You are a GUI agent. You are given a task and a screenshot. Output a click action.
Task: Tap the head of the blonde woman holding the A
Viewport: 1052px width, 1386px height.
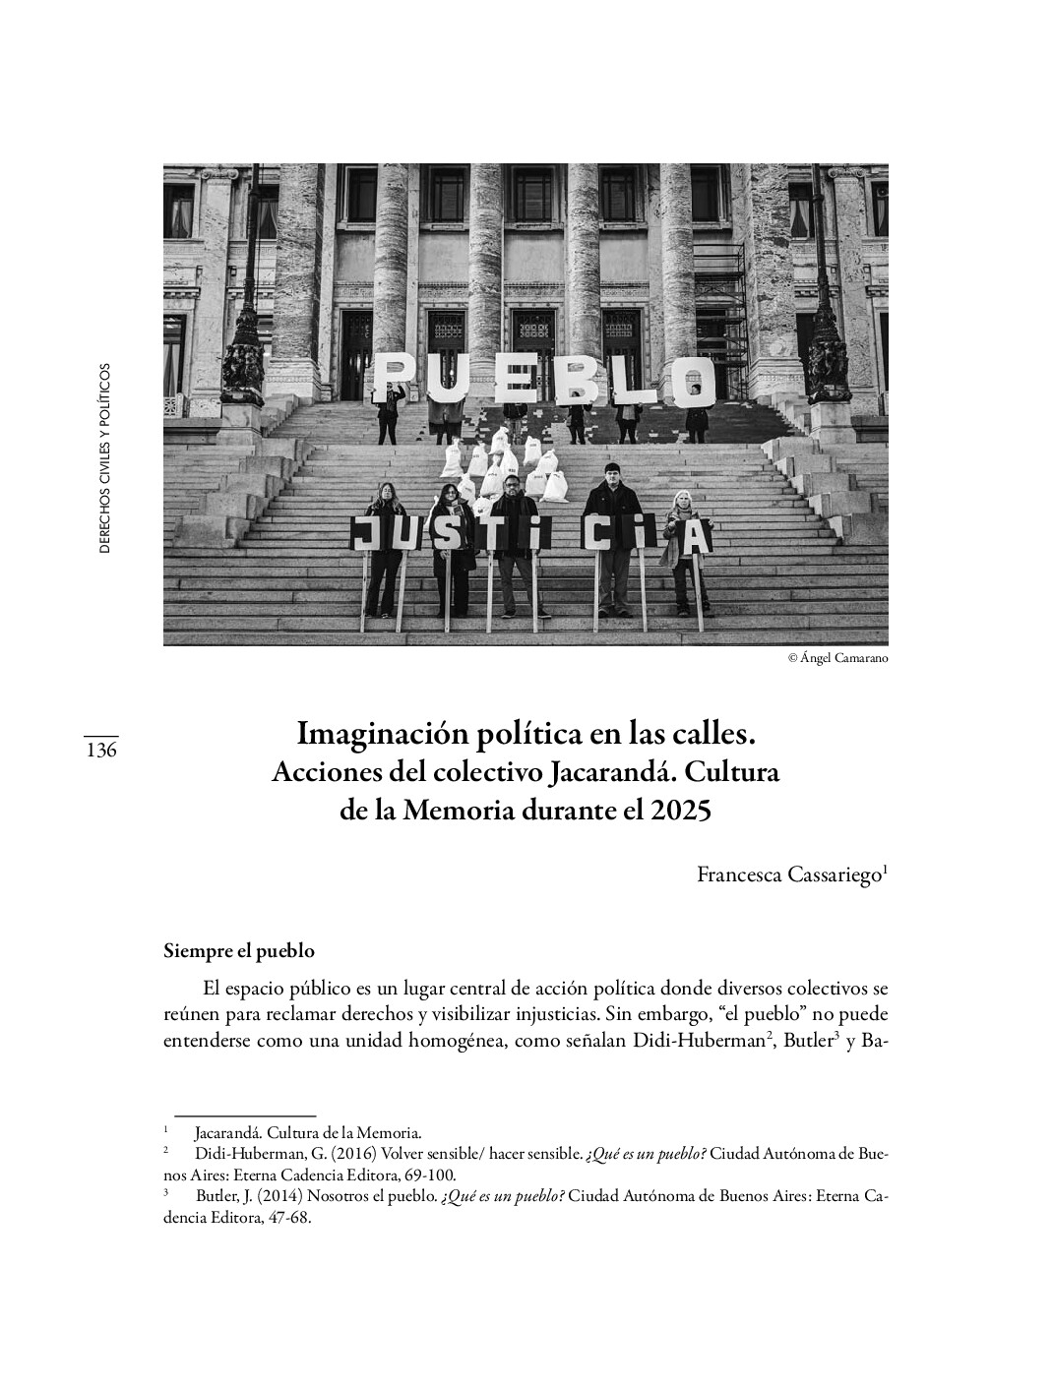tap(679, 502)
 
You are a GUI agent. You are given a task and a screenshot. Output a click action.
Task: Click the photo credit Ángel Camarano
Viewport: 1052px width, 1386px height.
tap(837, 658)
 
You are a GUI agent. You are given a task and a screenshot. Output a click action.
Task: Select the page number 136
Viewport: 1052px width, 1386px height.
tap(101, 751)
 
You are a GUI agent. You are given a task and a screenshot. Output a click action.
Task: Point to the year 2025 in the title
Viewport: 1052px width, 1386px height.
tap(681, 813)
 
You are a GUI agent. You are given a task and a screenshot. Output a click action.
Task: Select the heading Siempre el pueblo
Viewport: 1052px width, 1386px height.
tap(239, 951)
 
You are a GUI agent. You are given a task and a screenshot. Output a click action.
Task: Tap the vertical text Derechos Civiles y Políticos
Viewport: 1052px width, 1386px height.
tap(105, 458)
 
